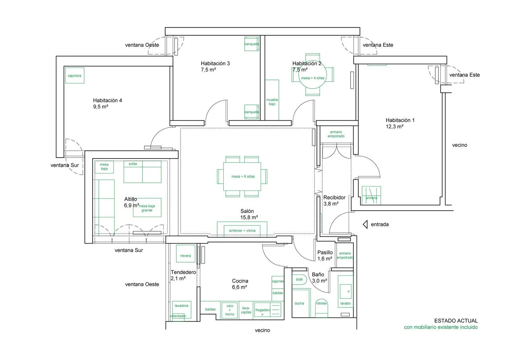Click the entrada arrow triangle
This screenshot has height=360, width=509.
click(365, 224)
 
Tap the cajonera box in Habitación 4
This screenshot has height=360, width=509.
click(75, 75)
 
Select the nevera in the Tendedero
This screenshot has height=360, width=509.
click(186, 254)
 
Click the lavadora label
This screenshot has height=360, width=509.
click(181, 306)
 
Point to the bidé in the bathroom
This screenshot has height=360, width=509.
click(299, 280)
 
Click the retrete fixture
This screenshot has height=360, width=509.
click(322, 308)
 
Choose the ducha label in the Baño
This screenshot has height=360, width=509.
click(299, 303)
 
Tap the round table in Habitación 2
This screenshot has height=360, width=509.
click(313, 75)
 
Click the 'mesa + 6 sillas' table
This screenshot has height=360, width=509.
click(242, 177)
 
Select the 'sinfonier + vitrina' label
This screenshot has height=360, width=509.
click(242, 231)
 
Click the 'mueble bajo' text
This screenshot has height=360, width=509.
click(272, 102)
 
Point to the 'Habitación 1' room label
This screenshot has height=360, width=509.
click(400, 120)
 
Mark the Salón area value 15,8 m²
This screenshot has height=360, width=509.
click(249, 217)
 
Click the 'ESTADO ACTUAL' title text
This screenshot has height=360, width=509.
click(456, 321)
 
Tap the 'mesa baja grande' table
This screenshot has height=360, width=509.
click(147, 208)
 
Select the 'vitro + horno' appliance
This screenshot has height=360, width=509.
click(230, 310)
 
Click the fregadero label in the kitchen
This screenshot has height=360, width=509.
click(263, 310)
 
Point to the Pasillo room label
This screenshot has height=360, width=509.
click(325, 252)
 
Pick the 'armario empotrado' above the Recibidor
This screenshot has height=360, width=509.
click(336, 134)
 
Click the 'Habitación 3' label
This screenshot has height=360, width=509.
click(215, 64)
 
